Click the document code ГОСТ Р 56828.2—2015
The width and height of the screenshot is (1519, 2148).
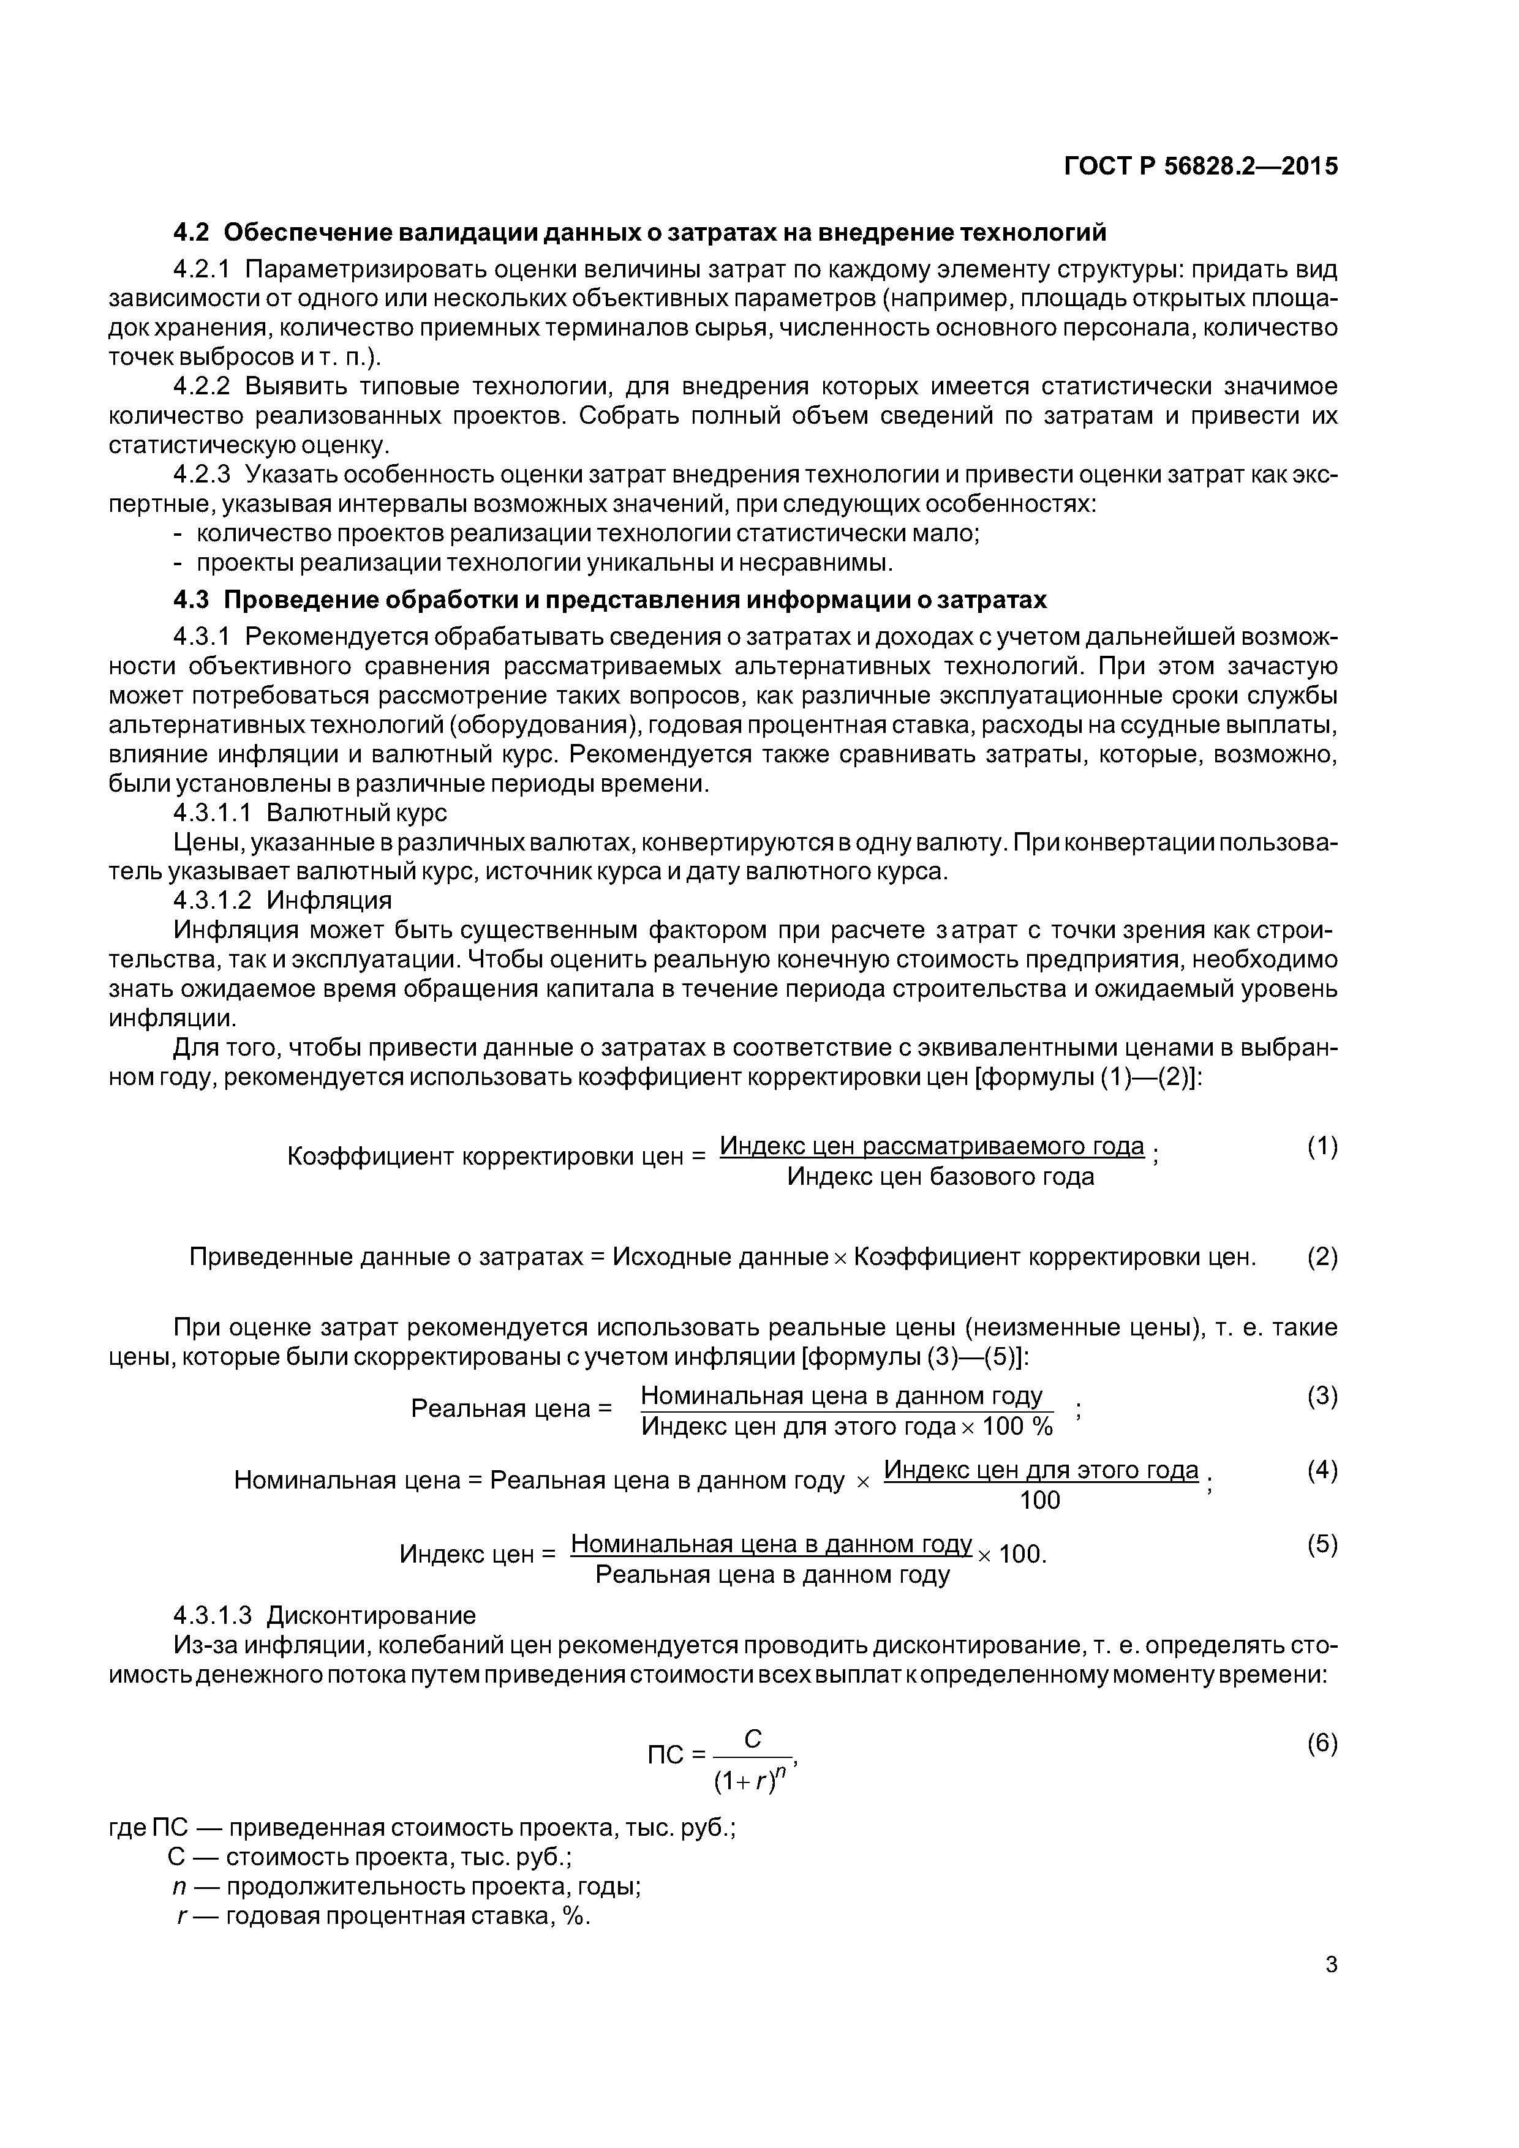pyautogui.click(x=1200, y=167)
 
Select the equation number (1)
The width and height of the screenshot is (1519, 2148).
pyautogui.click(x=1322, y=1146)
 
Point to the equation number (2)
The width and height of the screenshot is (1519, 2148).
pyautogui.click(x=1322, y=1256)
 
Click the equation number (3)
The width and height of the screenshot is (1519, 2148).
pyautogui.click(x=1322, y=1397)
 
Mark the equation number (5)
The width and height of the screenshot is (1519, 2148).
pyautogui.click(x=1322, y=1544)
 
